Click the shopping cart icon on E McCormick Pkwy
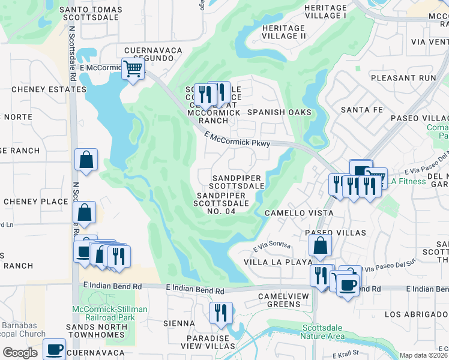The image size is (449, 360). [133, 69]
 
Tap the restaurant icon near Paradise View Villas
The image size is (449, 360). [221, 313]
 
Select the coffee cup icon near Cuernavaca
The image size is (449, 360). [54, 349]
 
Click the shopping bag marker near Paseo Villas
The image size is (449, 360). [321, 245]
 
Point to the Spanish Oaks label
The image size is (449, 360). [279, 112]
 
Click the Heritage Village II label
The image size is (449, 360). [284, 36]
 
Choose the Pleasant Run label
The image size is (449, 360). [403, 78]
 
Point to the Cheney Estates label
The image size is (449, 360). [49, 89]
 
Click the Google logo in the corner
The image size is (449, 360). [20, 353]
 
